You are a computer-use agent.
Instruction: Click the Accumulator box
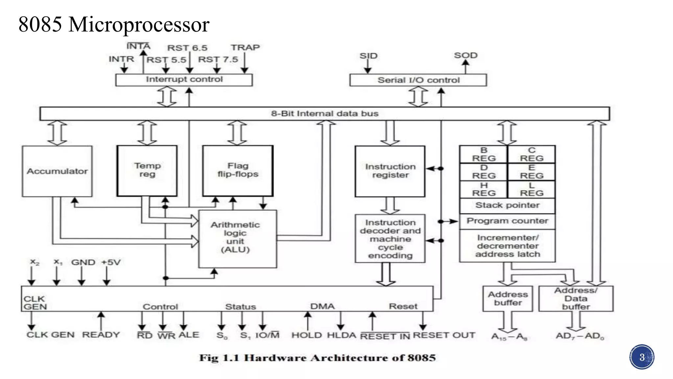(x=57, y=171)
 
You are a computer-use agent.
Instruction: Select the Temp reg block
(x=147, y=170)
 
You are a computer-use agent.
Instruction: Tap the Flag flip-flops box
(x=238, y=170)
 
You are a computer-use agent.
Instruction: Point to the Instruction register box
(x=390, y=171)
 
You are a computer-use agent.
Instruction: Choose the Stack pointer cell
(x=507, y=205)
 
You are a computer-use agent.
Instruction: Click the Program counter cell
(x=507, y=221)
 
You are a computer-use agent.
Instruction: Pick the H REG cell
(x=484, y=189)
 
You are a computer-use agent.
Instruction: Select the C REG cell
(x=531, y=154)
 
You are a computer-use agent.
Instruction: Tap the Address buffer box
(x=508, y=298)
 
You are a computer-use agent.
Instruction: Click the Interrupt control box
(x=184, y=80)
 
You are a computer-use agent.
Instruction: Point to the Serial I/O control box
(x=418, y=80)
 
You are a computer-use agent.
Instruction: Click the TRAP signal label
(x=245, y=48)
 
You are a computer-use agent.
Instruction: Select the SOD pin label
(x=465, y=55)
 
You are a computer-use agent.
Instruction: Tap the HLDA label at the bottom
(x=341, y=335)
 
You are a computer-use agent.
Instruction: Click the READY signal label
(x=101, y=335)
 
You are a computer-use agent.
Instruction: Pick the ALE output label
(x=189, y=335)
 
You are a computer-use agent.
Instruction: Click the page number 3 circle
(x=642, y=357)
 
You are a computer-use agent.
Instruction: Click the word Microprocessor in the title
(x=139, y=25)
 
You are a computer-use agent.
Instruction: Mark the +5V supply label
(x=111, y=262)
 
